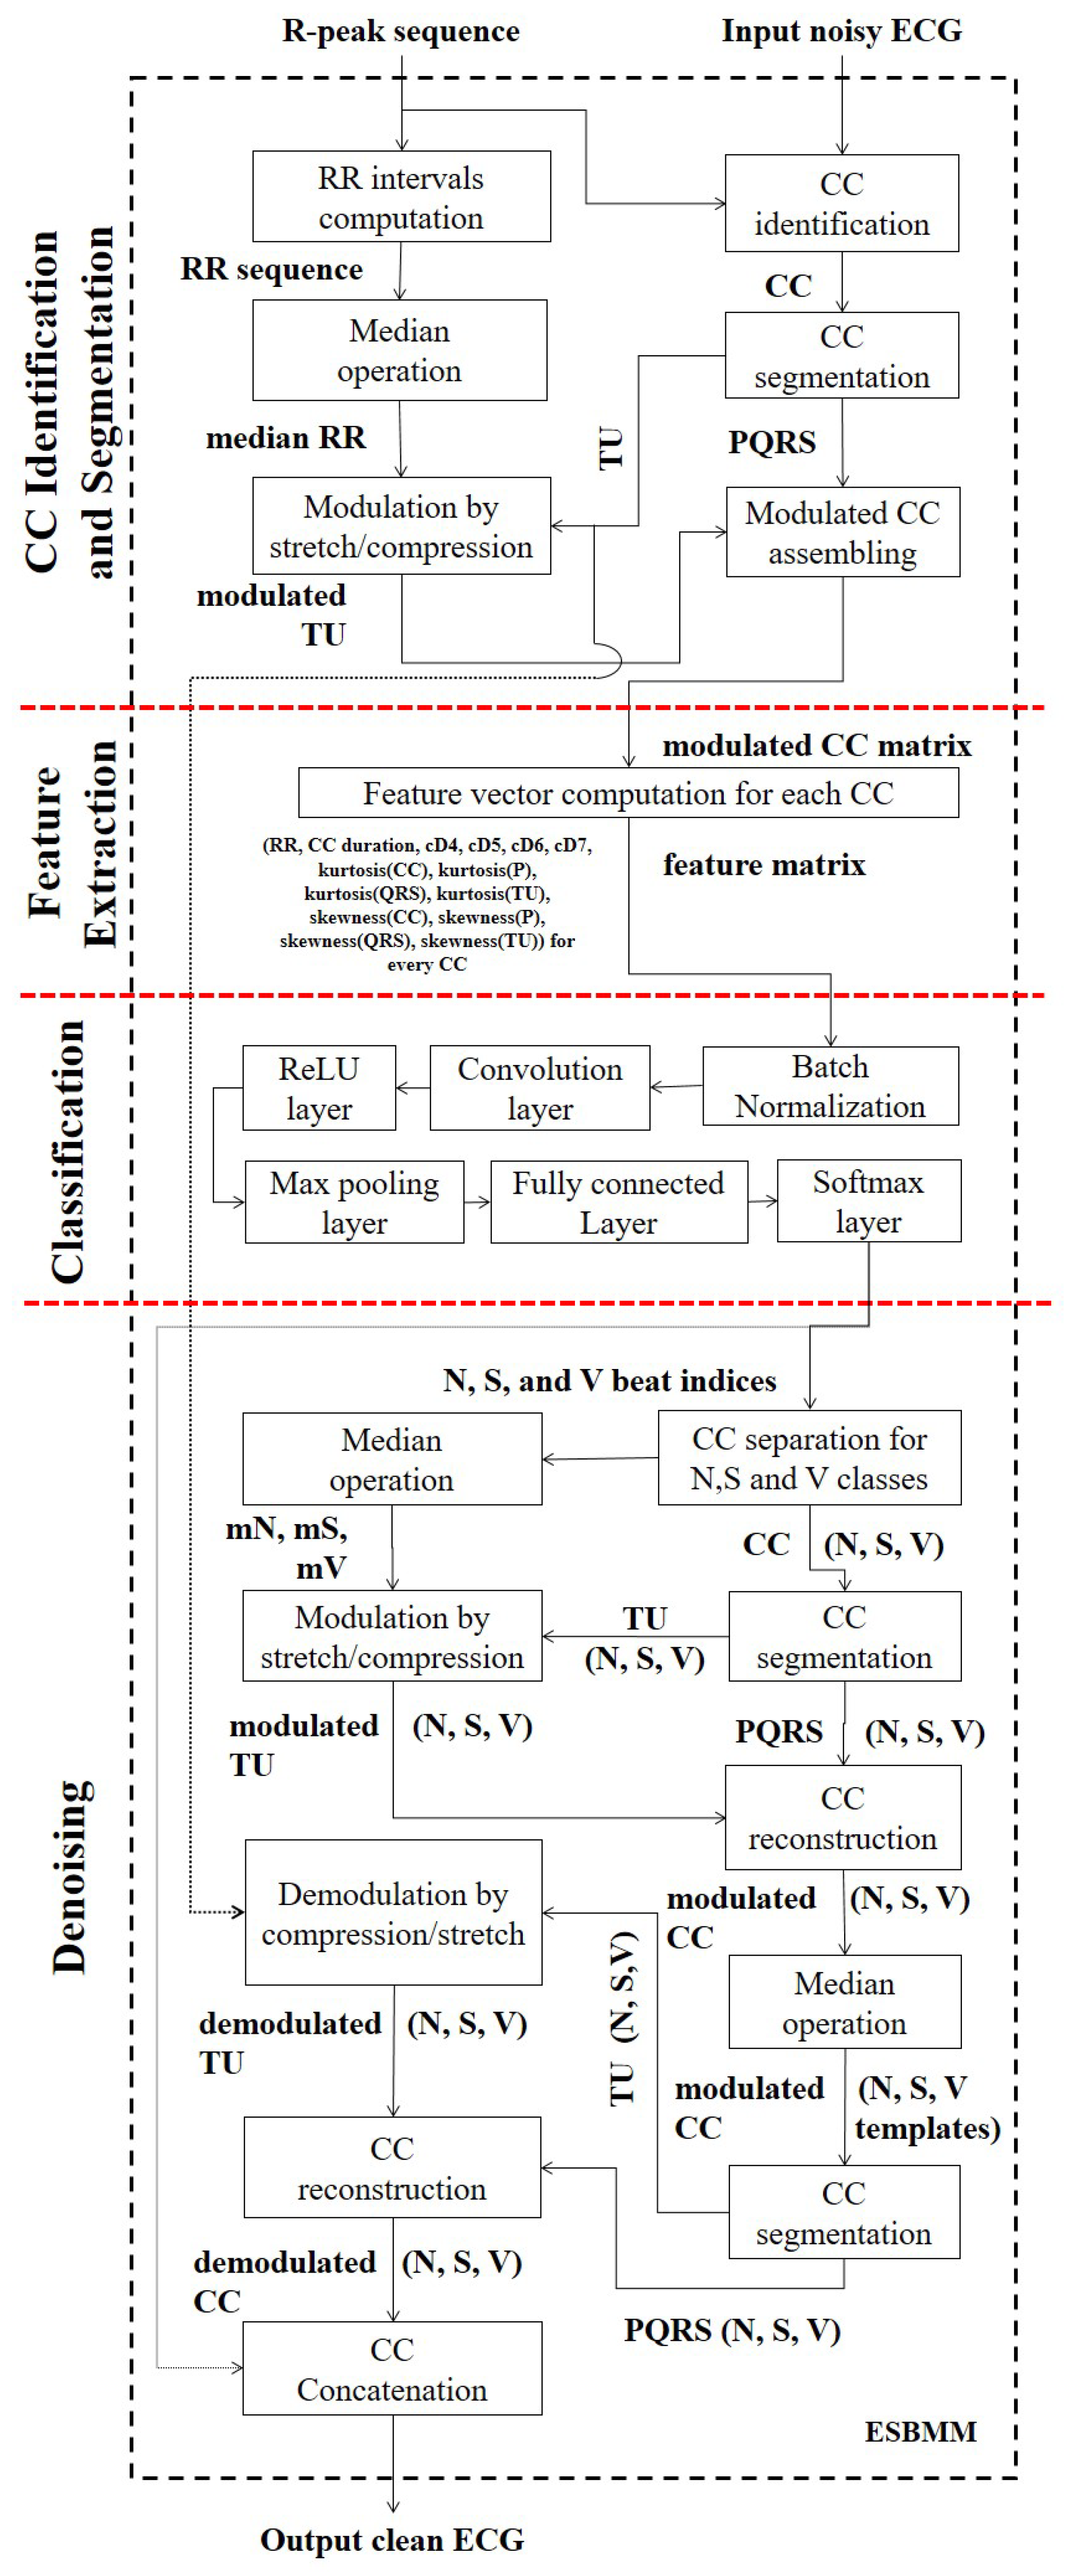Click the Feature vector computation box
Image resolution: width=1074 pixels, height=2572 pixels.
point(628,793)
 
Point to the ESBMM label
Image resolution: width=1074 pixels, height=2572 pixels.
point(920,2431)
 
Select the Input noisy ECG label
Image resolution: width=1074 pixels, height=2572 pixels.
point(842,31)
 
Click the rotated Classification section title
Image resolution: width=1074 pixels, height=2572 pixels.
point(68,1151)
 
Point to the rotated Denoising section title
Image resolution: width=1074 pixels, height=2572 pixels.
point(70,1877)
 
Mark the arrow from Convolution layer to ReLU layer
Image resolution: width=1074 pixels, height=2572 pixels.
point(412,1087)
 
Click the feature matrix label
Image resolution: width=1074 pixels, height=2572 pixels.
point(764,864)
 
